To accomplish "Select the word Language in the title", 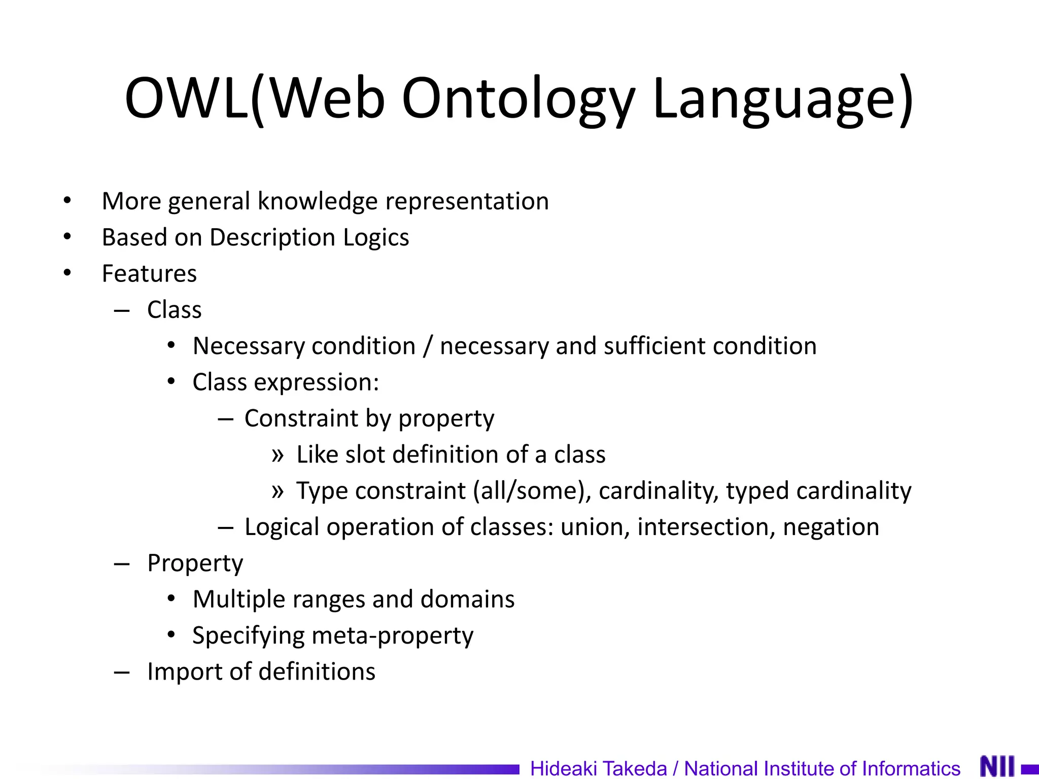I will pyautogui.click(x=776, y=99).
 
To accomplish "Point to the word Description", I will pyautogui.click(x=272, y=237).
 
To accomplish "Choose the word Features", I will pyautogui.click(x=149, y=274).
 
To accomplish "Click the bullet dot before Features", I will pyautogui.click(x=67, y=273).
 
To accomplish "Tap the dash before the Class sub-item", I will pyautogui.click(x=122, y=310).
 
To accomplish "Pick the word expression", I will pyautogui.click(x=316, y=382).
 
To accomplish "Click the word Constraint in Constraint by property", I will pyautogui.click(x=301, y=418).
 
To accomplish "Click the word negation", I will pyautogui.click(x=831, y=527).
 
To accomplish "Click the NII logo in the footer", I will pyautogui.click(x=997, y=766).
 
